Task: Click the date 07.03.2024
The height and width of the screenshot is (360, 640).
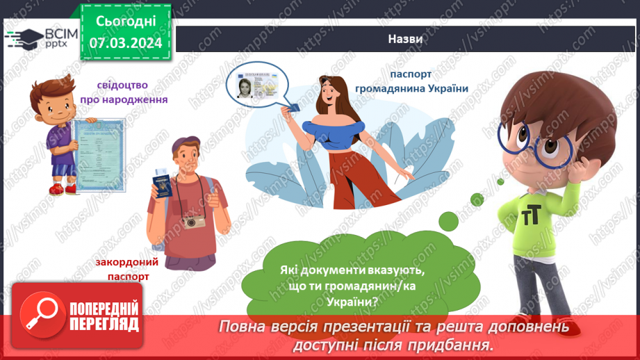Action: pyautogui.click(x=125, y=43)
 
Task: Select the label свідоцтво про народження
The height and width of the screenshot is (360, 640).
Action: pyautogui.click(x=132, y=92)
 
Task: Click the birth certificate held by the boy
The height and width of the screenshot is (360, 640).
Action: pyautogui.click(x=99, y=154)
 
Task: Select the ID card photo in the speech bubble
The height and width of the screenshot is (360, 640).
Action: pyautogui.click(x=245, y=87)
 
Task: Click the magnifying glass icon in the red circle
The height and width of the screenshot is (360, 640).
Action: pyautogui.click(x=40, y=314)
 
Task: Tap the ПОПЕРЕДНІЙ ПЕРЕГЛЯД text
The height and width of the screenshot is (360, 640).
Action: pyautogui.click(x=104, y=316)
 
